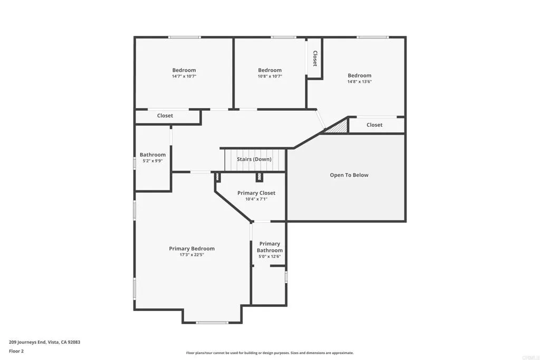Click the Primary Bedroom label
click(x=191, y=249)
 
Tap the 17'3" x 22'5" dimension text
click(x=191, y=255)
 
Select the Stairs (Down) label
click(x=254, y=159)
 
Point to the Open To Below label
click(x=349, y=175)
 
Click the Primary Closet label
click(x=256, y=193)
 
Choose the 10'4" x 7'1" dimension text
click(x=256, y=199)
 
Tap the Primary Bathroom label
click(x=269, y=247)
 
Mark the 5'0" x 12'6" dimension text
click(x=269, y=257)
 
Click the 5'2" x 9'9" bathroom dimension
click(x=152, y=161)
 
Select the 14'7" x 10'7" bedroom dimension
click(x=184, y=76)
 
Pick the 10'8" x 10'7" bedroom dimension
click(x=269, y=76)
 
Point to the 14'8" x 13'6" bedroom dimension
click(x=359, y=82)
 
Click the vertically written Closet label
click(x=315, y=58)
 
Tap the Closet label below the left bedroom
click(x=165, y=116)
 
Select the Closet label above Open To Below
click(x=374, y=125)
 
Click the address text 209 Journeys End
click(x=44, y=342)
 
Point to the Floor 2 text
click(x=16, y=351)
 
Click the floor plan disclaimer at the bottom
click(x=269, y=353)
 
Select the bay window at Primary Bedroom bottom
click(x=212, y=322)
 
